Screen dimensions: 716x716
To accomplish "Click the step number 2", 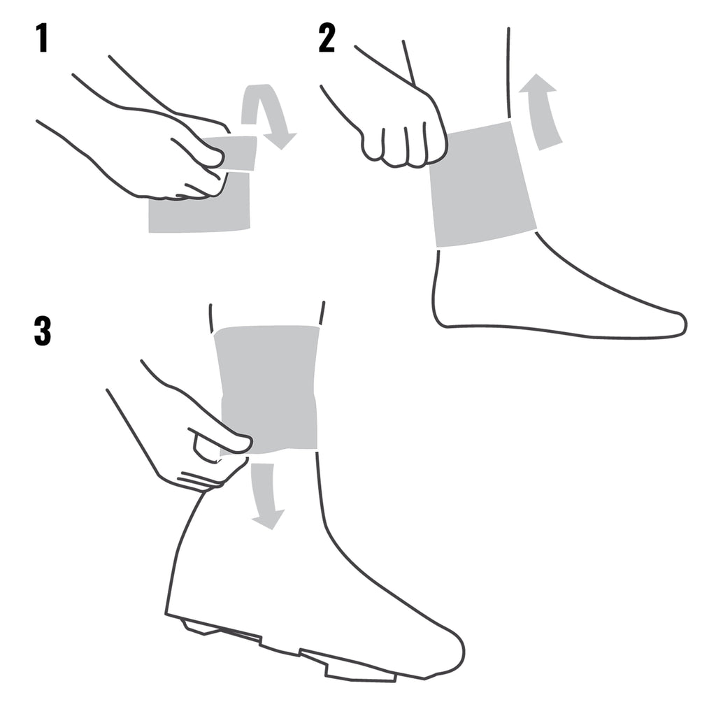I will [327, 38].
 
